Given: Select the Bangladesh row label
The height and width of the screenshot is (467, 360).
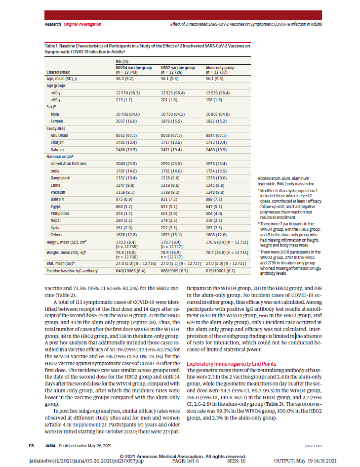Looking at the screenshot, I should point(60,177).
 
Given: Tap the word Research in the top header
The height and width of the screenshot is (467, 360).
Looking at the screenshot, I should point(53,24).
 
